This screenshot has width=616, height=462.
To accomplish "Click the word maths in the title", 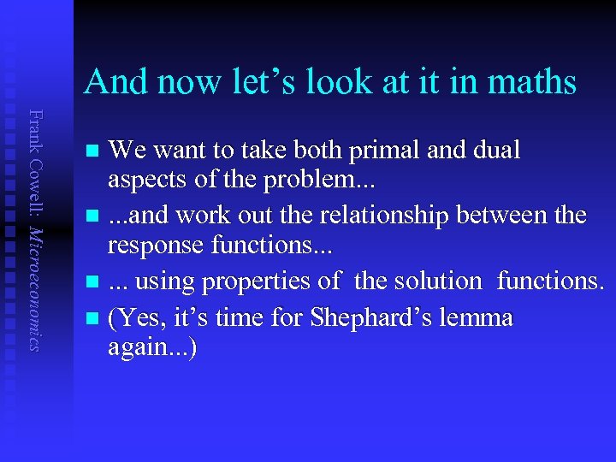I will [532, 82].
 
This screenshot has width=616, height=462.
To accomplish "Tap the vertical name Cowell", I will [33, 175].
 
